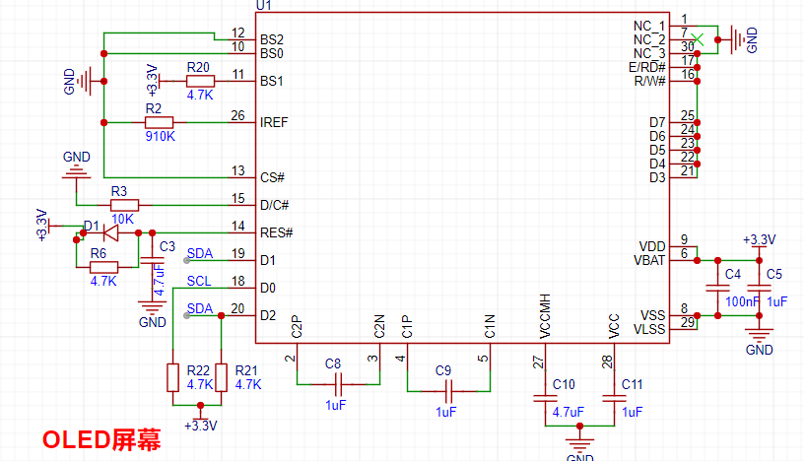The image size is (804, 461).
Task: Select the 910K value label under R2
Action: click(160, 136)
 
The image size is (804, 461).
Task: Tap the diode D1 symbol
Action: click(110, 233)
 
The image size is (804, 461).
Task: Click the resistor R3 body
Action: click(124, 205)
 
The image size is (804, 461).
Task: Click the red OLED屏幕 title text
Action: click(101, 439)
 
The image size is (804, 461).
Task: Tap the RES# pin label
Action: click(276, 232)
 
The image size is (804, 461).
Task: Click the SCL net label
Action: click(199, 282)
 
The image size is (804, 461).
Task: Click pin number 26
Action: click(237, 116)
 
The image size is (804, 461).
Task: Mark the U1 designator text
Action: click(263, 6)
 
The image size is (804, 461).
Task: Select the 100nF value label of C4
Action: click(741, 300)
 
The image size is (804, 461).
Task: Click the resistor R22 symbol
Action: click(172, 377)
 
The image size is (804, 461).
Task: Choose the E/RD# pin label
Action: click(647, 66)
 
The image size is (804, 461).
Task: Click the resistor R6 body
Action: click(103, 267)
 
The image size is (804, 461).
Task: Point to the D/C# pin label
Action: click(275, 205)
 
